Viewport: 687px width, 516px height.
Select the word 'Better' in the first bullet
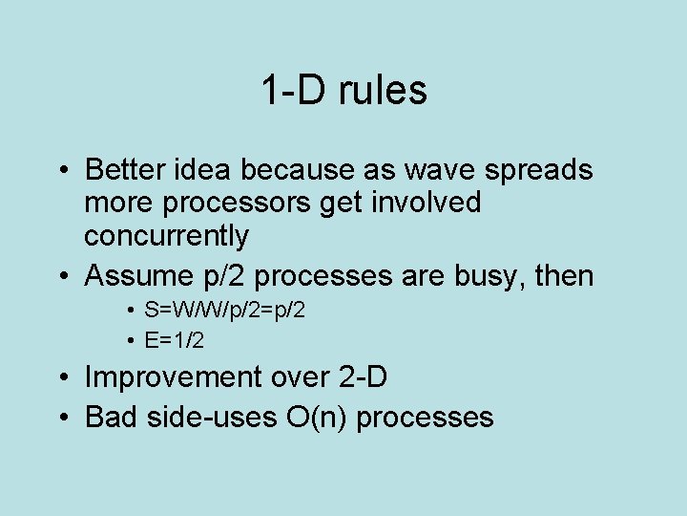pos(123,170)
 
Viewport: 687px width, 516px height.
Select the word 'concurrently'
pos(167,236)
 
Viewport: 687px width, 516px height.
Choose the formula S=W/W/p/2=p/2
pos(225,311)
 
